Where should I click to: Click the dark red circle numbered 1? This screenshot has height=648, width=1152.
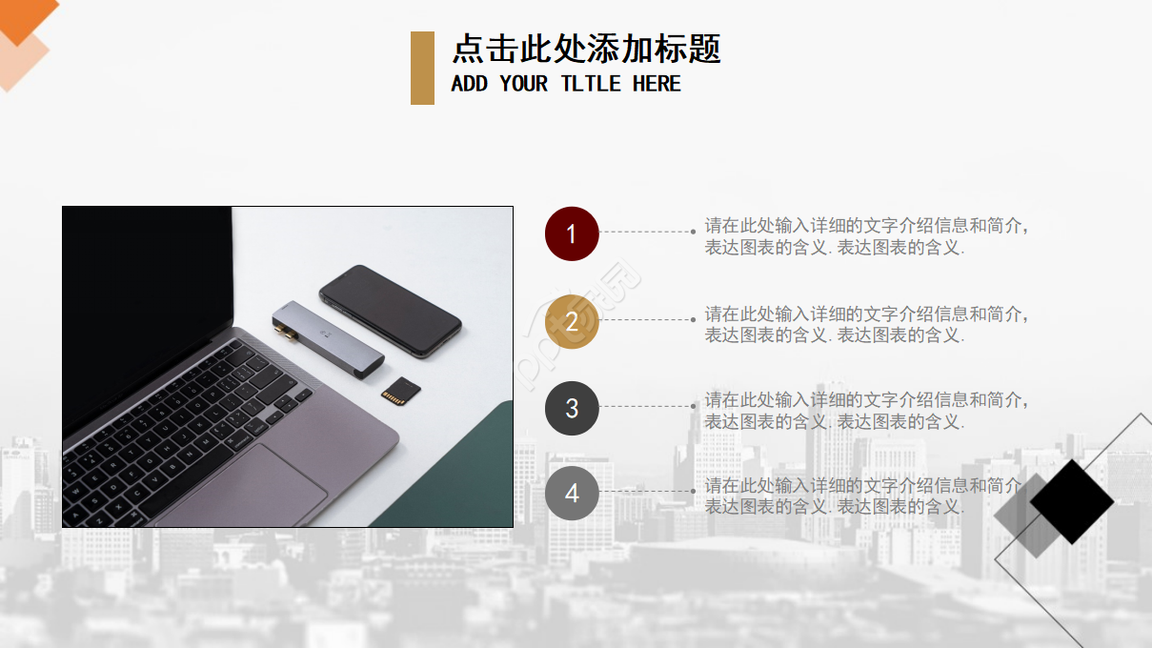(572, 233)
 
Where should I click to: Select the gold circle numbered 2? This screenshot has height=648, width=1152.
(572, 321)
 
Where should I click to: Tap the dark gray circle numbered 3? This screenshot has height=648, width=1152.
(572, 408)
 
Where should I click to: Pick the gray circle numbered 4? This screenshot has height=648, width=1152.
(572, 493)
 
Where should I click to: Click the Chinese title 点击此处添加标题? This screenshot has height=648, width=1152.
(586, 49)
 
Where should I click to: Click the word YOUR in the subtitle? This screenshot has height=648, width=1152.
(523, 84)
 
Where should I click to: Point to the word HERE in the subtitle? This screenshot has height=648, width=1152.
(657, 84)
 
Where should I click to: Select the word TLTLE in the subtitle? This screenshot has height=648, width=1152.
(591, 84)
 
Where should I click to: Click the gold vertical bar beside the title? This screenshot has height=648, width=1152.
(422, 68)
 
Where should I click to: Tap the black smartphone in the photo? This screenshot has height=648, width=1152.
(390, 310)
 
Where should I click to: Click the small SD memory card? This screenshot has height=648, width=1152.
(400, 390)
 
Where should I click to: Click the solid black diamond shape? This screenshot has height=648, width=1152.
(1071, 501)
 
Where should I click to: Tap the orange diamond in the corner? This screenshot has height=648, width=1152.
(23, 15)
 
